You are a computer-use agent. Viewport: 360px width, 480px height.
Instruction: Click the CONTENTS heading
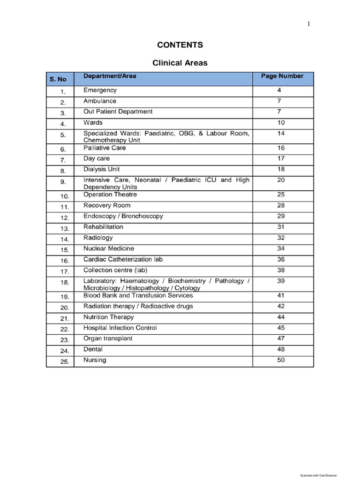[180, 45]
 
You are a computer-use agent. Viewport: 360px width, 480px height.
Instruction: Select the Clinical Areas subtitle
[180, 63]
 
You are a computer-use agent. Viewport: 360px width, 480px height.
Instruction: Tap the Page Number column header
[282, 76]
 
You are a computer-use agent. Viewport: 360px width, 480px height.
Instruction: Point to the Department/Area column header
[110, 76]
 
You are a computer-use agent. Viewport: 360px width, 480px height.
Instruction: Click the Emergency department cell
[100, 90]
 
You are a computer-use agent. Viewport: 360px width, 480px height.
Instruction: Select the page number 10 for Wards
[281, 122]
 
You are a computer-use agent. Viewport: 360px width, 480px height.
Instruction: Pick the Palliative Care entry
[105, 148]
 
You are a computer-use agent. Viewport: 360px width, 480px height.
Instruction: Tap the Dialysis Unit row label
[101, 169]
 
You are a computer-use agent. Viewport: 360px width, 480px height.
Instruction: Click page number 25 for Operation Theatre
[281, 194]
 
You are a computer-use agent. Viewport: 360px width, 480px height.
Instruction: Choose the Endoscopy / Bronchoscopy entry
[123, 216]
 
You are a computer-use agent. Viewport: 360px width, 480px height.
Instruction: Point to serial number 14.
[64, 239]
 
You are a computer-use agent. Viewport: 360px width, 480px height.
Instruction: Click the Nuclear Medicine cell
[108, 248]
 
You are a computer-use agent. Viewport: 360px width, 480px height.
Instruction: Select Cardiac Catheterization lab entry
[123, 259]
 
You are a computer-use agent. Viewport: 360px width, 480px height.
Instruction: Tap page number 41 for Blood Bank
[281, 295]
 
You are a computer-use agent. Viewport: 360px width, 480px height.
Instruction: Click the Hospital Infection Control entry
[120, 328]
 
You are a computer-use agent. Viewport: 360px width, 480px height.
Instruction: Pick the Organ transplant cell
[108, 338]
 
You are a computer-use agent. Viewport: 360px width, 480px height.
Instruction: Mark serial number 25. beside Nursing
[64, 361]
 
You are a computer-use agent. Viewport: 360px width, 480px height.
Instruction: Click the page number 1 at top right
[308, 24]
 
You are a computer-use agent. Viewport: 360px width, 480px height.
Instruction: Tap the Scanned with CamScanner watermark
[318, 475]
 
